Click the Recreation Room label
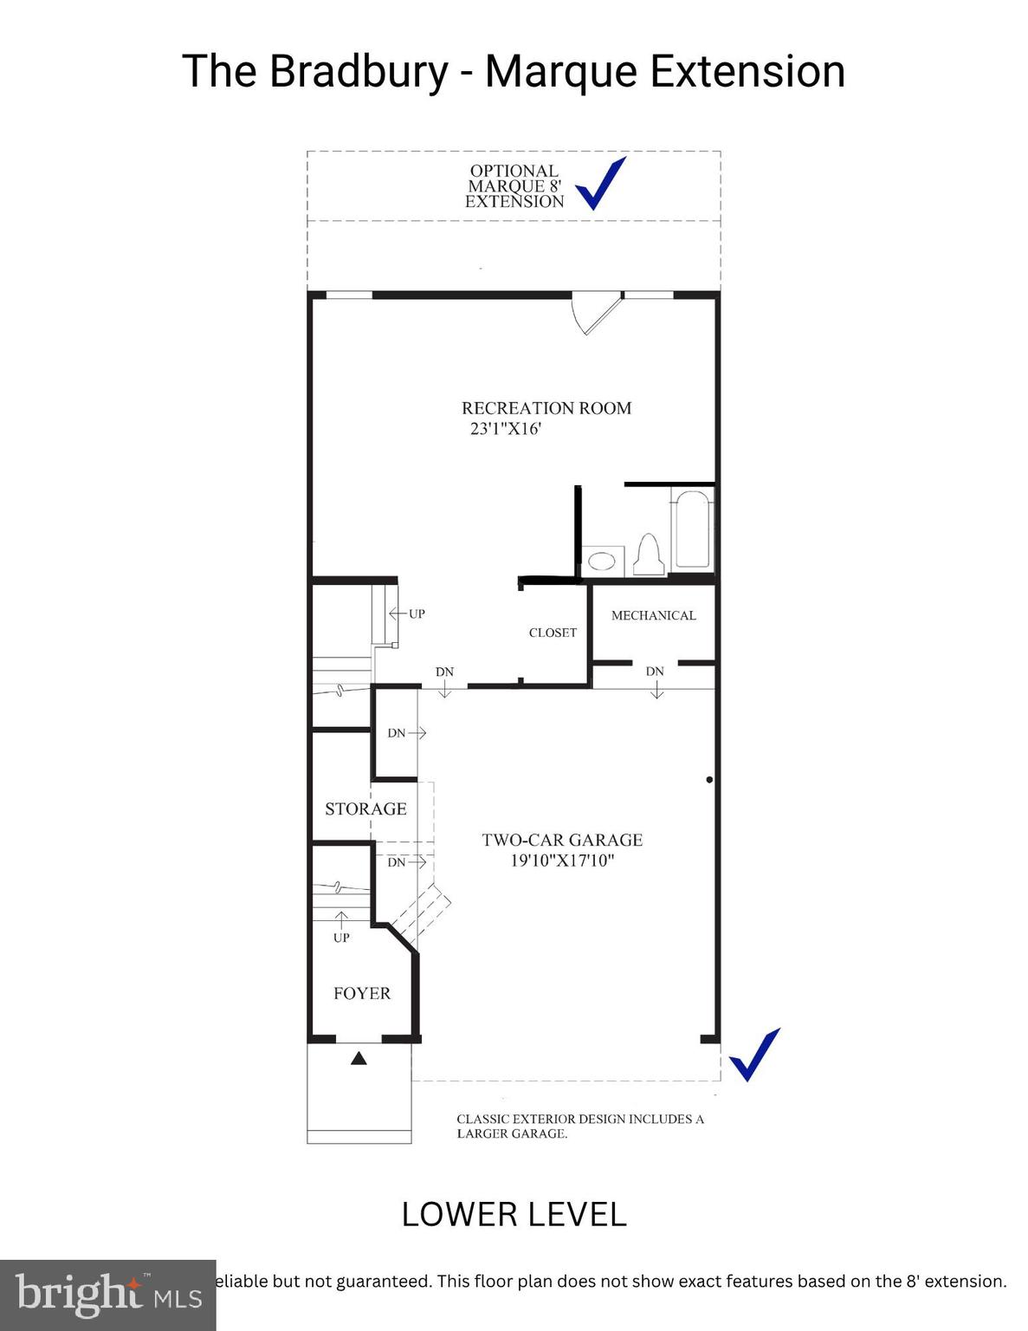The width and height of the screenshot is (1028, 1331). click(x=546, y=408)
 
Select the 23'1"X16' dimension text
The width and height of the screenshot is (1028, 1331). click(x=505, y=428)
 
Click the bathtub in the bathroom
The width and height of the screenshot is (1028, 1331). click(x=693, y=529)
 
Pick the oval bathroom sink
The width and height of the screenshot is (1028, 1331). click(x=603, y=561)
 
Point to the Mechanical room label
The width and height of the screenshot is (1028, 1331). click(x=653, y=615)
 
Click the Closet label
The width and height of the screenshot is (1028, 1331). click(x=553, y=633)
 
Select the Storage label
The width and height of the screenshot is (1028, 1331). click(x=365, y=808)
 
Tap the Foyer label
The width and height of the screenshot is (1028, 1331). click(x=362, y=993)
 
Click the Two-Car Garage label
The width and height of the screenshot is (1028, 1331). click(x=562, y=840)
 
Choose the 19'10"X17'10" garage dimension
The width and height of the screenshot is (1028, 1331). click(x=562, y=860)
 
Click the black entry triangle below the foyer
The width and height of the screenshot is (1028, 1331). click(x=359, y=1058)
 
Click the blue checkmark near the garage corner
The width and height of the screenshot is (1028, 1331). click(x=754, y=1055)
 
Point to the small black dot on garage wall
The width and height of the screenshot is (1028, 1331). click(x=709, y=780)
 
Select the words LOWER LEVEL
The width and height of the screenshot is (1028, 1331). click(x=514, y=1214)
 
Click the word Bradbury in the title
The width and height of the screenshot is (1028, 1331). click(x=359, y=71)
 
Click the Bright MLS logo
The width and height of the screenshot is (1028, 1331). click(x=107, y=1295)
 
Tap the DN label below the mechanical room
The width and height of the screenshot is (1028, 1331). click(x=655, y=672)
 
